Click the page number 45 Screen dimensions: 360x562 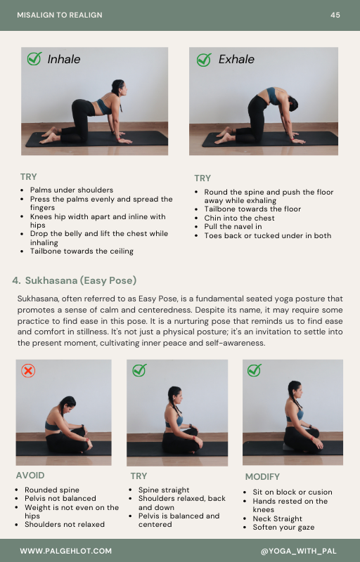pyautogui.click(x=335, y=15)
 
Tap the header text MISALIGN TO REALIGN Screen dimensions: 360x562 pyautogui.click(x=60, y=15)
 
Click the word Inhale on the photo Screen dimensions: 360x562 pyautogui.click(x=64, y=59)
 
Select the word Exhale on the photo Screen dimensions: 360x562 pyautogui.click(x=236, y=59)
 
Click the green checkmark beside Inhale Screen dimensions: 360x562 pyautogui.click(x=34, y=58)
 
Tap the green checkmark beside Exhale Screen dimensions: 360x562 pyautogui.click(x=204, y=60)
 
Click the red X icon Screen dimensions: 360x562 pyautogui.click(x=28, y=371)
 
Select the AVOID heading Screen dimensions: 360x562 pyautogui.click(x=30, y=476)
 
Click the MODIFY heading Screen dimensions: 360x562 pyautogui.click(x=262, y=477)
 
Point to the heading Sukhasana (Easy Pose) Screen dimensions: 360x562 pyautogui.click(x=81, y=280)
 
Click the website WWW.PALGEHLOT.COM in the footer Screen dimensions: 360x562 pyautogui.click(x=65, y=551)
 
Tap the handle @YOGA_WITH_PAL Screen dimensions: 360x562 pyautogui.click(x=298, y=551)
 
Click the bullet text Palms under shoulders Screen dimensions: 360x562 pyautogui.click(x=71, y=190)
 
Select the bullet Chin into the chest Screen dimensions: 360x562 pyautogui.click(x=239, y=218)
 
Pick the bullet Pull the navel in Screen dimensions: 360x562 pyautogui.click(x=233, y=226)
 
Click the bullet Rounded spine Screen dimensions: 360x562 pyautogui.click(x=52, y=490)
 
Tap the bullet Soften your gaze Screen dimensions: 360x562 pyautogui.click(x=283, y=528)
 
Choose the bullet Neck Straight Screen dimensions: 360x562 pyautogui.click(x=277, y=518)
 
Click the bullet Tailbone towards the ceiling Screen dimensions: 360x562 pyautogui.click(x=82, y=251)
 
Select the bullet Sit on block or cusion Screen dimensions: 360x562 pyautogui.click(x=292, y=492)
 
